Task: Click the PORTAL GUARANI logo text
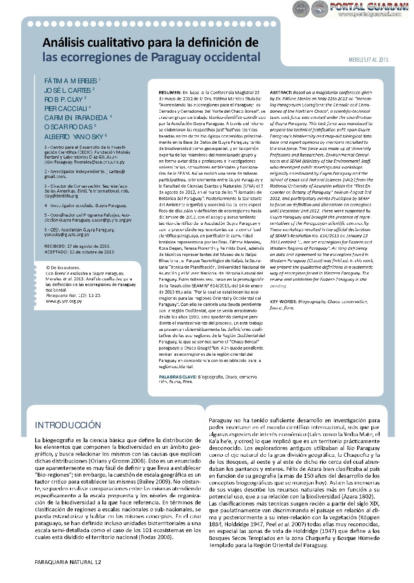pos(369,6)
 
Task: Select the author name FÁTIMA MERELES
pos(70,81)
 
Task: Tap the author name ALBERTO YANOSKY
pos(74,137)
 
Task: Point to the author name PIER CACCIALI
pos(65,109)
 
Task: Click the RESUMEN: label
pos(170,92)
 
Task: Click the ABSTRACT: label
pos(281,92)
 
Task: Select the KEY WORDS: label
pos(283,301)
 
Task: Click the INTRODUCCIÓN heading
pos(68,425)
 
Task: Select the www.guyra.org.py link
pos(63,301)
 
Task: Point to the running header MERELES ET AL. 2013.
pos(368,60)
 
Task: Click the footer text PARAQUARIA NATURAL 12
pos(68,562)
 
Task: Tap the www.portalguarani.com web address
pos(370,14)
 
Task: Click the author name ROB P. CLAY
pos(63,100)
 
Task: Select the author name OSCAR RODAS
pos(68,127)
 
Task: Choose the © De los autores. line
pos(63,268)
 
